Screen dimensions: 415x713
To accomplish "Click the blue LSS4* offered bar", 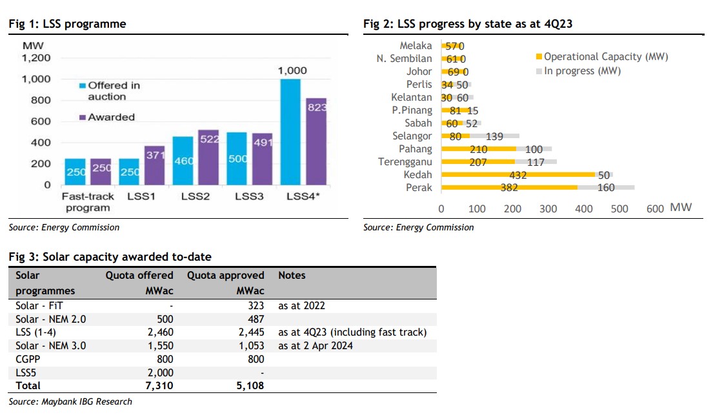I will (x=290, y=132).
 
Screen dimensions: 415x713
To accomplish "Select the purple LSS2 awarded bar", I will (x=208, y=157).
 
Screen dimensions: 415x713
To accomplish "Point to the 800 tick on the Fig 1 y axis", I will (x=41, y=100).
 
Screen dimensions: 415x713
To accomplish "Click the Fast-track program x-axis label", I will (x=87, y=202).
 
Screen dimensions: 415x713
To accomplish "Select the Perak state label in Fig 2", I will (x=420, y=188).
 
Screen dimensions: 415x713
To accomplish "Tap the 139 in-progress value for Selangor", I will (x=495, y=136).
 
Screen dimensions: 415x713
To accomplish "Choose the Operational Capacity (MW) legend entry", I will (x=606, y=57).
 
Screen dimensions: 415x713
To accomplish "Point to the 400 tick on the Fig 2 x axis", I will (x=584, y=208).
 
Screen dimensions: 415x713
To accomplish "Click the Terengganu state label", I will (x=405, y=162).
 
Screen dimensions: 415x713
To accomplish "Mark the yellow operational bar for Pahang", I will (x=477, y=149).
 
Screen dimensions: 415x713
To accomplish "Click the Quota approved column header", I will (x=226, y=275).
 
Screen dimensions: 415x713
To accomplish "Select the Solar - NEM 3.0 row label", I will (x=50, y=345).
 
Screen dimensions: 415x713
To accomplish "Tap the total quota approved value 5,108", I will (x=252, y=385).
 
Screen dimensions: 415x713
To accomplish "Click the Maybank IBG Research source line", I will (x=71, y=401).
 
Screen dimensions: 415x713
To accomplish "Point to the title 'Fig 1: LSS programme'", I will (x=67, y=25).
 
